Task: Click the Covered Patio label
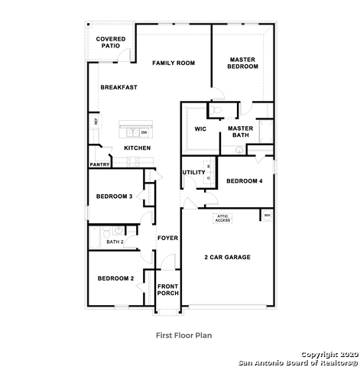(111, 43)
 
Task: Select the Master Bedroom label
(243, 63)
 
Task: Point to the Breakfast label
(119, 87)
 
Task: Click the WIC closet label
(201, 128)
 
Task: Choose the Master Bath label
(241, 132)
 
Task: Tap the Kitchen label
(137, 148)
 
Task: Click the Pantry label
(99, 164)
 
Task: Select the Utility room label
(193, 172)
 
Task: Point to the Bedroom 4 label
(244, 180)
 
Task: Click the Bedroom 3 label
(115, 196)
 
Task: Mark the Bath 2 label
(115, 242)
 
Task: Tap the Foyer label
(167, 238)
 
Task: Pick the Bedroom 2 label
(115, 278)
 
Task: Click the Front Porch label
(167, 290)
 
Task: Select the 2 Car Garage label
(227, 257)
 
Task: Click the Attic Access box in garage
(222, 218)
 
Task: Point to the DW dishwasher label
(144, 132)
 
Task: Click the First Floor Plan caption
(183, 334)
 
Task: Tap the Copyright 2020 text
(328, 354)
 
